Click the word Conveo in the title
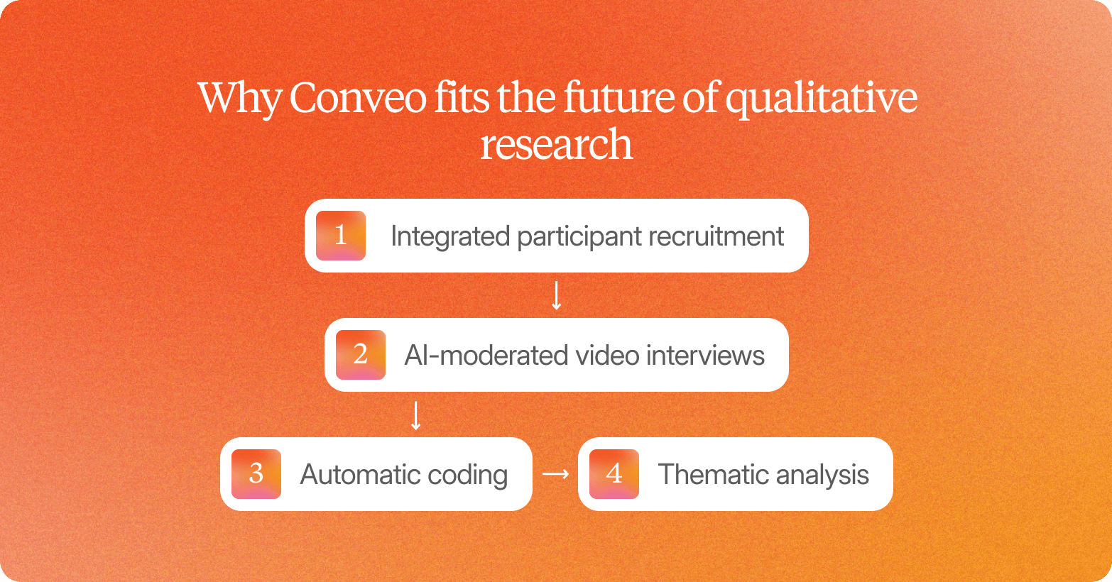click(x=358, y=98)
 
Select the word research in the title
click(x=556, y=145)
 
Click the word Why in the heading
click(x=239, y=99)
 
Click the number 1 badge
click(x=341, y=236)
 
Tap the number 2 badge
click(x=361, y=355)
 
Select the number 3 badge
click(x=256, y=474)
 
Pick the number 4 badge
click(x=614, y=474)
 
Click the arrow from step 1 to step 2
click(x=557, y=295)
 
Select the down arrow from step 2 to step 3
click(x=416, y=415)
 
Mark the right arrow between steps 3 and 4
click(x=555, y=474)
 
